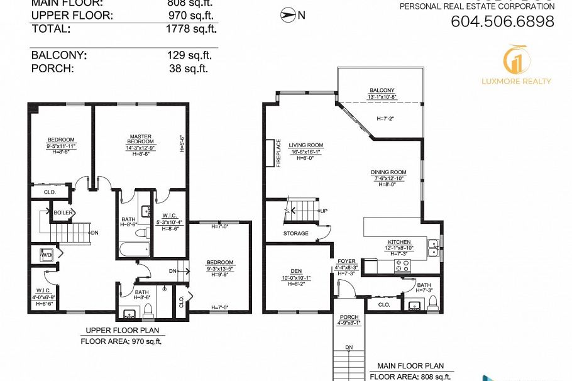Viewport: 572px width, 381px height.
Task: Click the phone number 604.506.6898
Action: pyautogui.click(x=502, y=21)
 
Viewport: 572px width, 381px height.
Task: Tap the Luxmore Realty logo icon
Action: pyautogui.click(x=517, y=59)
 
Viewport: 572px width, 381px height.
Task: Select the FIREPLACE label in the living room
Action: pyautogui.click(x=278, y=153)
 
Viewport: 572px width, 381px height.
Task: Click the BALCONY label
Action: pyautogui.click(x=382, y=90)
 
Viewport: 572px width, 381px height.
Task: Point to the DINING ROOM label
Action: pyautogui.click(x=388, y=172)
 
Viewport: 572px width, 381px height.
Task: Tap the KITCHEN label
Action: pyautogui.click(x=399, y=242)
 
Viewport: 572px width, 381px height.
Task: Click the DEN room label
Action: pyautogui.click(x=295, y=272)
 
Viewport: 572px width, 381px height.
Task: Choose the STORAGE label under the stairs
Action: pyautogui.click(x=295, y=233)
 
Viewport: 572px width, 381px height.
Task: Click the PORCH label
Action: pyautogui.click(x=349, y=317)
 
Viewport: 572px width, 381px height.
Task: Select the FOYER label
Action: pyautogui.click(x=347, y=261)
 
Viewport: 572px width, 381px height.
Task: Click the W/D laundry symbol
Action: pyautogui.click(x=46, y=256)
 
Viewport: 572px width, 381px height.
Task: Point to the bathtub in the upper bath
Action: pyautogui.click(x=133, y=250)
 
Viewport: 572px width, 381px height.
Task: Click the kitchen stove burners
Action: pyautogui.click(x=400, y=265)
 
